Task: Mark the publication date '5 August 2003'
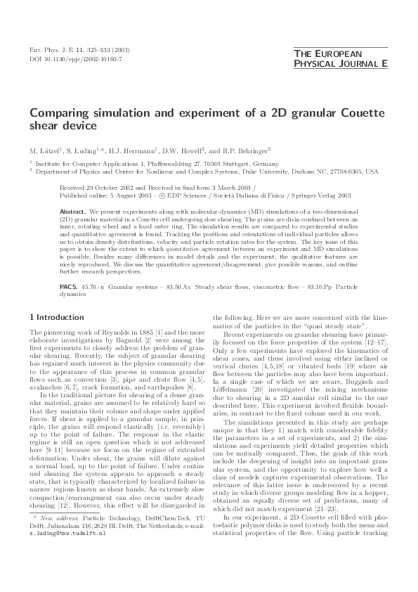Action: [x=122, y=197]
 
